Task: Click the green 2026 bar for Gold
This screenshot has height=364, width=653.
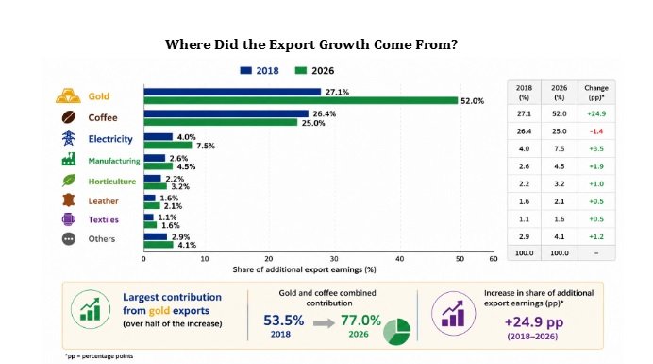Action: (x=301, y=100)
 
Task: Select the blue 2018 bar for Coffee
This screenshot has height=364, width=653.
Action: (x=226, y=113)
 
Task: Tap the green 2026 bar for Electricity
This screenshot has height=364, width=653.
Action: (x=168, y=146)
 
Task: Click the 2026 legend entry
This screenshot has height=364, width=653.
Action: (x=314, y=71)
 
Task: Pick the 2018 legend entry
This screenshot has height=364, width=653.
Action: (x=260, y=71)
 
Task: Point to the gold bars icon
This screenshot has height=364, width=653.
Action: (x=68, y=95)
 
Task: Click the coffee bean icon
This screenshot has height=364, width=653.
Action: (x=69, y=117)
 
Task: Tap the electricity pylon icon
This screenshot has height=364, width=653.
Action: (x=69, y=138)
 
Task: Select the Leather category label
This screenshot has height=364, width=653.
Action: (x=103, y=201)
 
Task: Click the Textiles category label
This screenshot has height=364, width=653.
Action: (x=103, y=219)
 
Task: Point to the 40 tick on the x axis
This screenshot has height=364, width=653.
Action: (x=400, y=259)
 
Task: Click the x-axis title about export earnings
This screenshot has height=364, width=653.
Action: (x=304, y=269)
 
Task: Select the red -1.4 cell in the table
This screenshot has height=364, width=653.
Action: (x=596, y=131)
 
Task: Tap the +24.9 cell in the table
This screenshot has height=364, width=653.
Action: (x=596, y=113)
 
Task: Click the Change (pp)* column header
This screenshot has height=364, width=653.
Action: (x=596, y=93)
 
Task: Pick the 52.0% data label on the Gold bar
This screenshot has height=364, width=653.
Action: (x=472, y=101)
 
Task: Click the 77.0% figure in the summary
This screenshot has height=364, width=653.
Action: (x=360, y=321)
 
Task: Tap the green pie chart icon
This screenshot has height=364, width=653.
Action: (x=397, y=332)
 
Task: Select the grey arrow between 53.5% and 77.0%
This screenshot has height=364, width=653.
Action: (x=324, y=323)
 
